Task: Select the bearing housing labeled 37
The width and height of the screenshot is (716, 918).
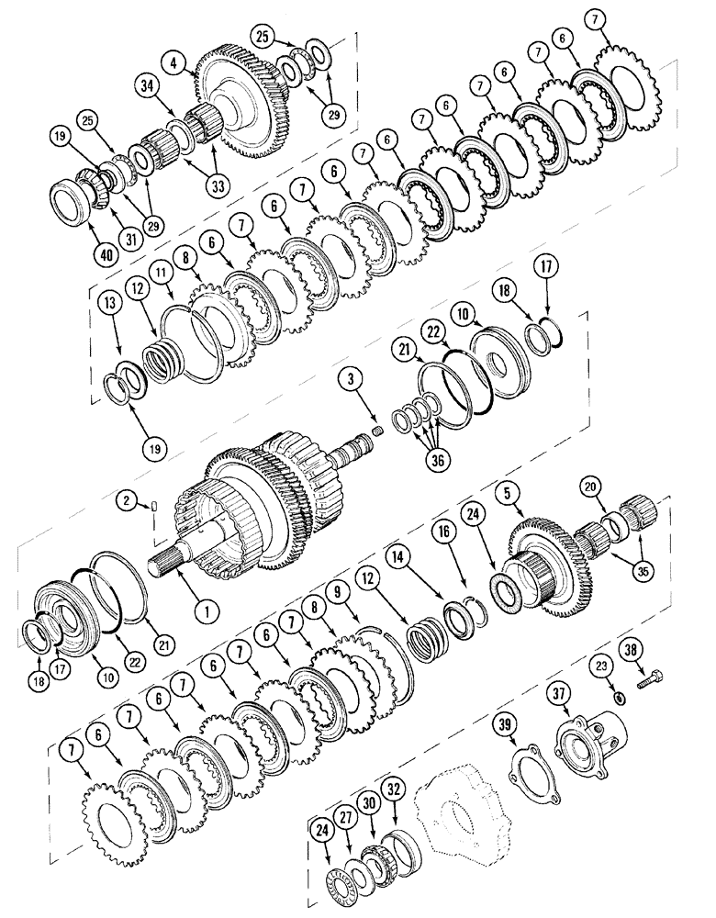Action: [x=587, y=734]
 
